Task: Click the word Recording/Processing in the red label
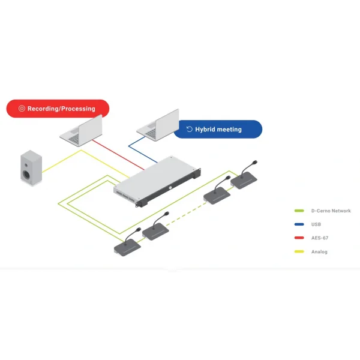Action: (61, 109)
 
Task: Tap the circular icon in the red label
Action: (22, 109)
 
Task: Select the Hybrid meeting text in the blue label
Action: (218, 129)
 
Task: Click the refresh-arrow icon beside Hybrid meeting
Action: (190, 129)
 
